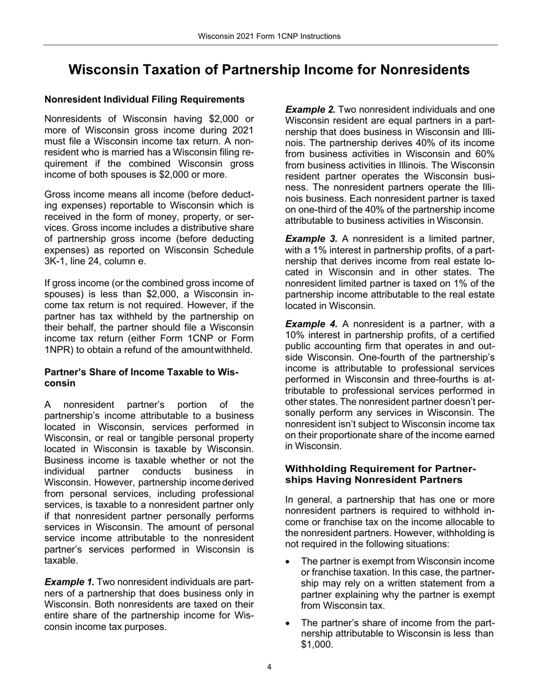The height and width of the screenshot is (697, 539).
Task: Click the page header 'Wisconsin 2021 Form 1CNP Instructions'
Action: click(x=269, y=36)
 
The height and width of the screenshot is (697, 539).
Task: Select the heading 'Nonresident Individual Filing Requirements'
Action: click(x=144, y=100)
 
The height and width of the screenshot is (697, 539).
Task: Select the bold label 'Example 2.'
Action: click(x=310, y=109)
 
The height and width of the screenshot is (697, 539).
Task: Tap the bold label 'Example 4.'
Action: click(x=311, y=324)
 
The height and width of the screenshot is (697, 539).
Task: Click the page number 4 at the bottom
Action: click(x=269, y=667)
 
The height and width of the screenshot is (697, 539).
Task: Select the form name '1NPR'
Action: click(x=58, y=350)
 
